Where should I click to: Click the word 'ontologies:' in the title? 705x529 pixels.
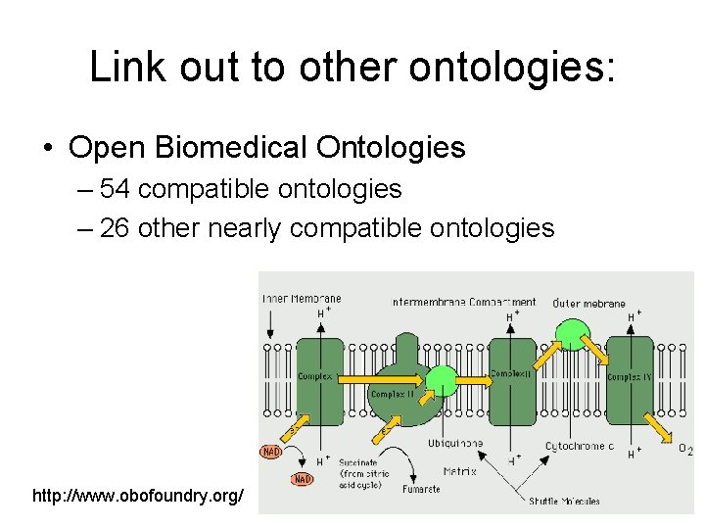pyautogui.click(x=513, y=68)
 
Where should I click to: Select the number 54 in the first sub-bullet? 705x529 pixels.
pyautogui.click(x=113, y=188)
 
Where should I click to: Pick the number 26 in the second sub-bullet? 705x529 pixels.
pyautogui.click(x=115, y=228)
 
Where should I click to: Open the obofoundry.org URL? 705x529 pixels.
pyautogui.click(x=138, y=497)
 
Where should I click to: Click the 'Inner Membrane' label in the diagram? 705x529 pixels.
pyautogui.click(x=301, y=299)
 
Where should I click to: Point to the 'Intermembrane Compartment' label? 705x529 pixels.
pyautogui.click(x=463, y=302)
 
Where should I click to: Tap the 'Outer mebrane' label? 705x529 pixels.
pyautogui.click(x=588, y=303)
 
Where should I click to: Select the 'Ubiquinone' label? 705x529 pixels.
pyautogui.click(x=455, y=444)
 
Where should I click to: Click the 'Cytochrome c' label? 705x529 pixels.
pyautogui.click(x=580, y=447)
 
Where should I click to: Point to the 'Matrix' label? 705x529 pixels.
pyautogui.click(x=460, y=471)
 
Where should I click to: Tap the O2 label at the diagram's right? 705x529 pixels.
pyautogui.click(x=685, y=449)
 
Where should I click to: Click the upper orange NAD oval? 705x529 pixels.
pyautogui.click(x=271, y=452)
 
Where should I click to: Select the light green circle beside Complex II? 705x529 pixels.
pyautogui.click(x=443, y=380)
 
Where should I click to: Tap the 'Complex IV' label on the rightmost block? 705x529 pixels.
pyautogui.click(x=625, y=376)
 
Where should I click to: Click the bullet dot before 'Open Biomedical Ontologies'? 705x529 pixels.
pyautogui.click(x=48, y=148)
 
